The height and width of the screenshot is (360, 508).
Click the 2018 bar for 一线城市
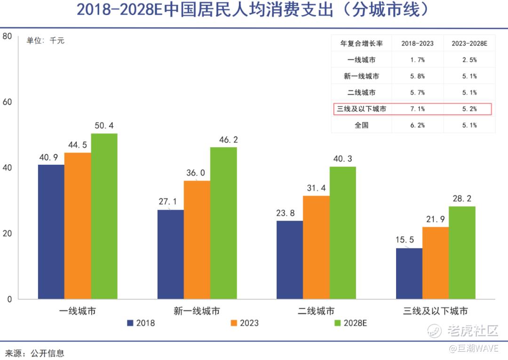[x=51, y=232]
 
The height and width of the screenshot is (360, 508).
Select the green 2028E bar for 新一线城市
[x=223, y=223]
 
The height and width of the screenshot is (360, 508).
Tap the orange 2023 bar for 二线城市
[x=316, y=247]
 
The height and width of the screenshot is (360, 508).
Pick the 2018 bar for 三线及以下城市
[x=409, y=273]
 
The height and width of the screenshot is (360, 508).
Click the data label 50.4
[x=104, y=126]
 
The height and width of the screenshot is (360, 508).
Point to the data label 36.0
[x=196, y=173]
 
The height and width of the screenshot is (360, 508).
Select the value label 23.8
[x=286, y=213]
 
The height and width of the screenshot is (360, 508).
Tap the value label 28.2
[x=461, y=199]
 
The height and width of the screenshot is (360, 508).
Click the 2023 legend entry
[x=244, y=323]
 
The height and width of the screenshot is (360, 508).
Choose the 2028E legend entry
[x=350, y=323]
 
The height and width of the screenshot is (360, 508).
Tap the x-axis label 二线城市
[x=317, y=311]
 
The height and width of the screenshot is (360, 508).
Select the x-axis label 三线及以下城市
[x=436, y=311]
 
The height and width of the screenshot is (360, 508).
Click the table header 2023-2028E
[x=469, y=44]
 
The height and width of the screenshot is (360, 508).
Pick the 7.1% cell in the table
[x=417, y=109]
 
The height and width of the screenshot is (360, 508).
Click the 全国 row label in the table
[x=361, y=125]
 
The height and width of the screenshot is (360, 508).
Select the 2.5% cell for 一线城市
[x=469, y=60]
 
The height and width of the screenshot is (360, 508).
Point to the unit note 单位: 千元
[x=45, y=41]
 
